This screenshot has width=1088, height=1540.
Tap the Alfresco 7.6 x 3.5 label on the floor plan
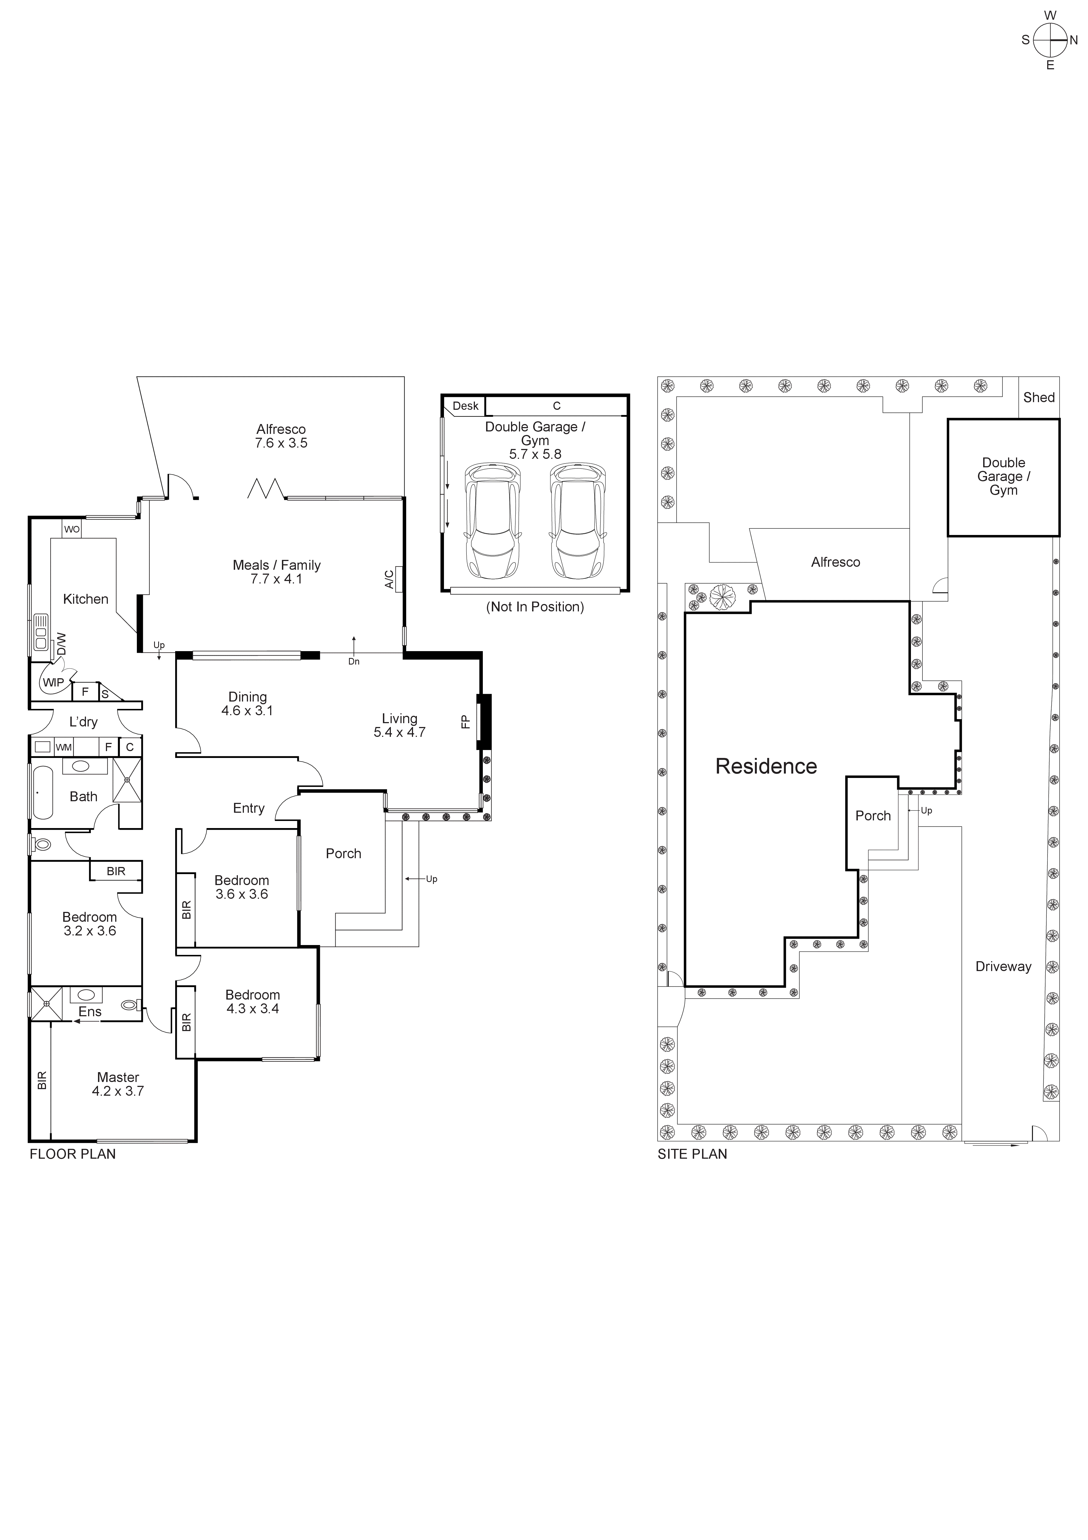(x=281, y=436)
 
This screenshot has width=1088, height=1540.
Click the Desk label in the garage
(x=465, y=406)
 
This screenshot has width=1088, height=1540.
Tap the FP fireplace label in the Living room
(x=465, y=722)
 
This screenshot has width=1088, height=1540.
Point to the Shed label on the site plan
(x=1038, y=398)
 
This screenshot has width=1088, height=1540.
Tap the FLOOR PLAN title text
(x=73, y=1154)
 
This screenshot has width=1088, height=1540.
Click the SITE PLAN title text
(x=692, y=1154)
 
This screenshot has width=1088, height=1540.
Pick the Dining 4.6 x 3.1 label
(x=247, y=704)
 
